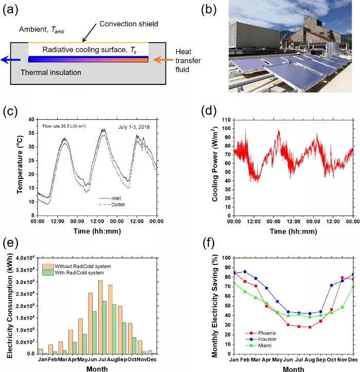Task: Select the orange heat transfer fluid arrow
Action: (x=159, y=59)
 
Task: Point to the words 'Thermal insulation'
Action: (x=50, y=73)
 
